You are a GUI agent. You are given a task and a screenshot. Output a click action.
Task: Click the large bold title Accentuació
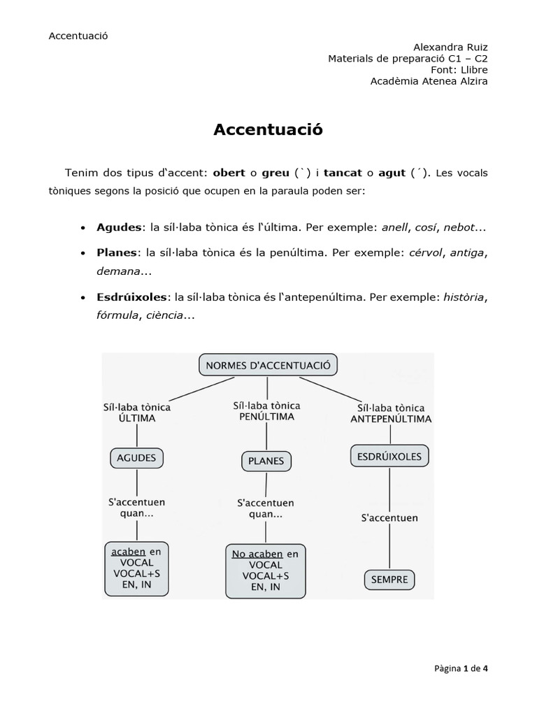[268, 129]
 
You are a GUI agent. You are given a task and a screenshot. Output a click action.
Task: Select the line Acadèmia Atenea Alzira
[429, 81]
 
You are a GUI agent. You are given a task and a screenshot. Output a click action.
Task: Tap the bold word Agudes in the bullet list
[118, 229]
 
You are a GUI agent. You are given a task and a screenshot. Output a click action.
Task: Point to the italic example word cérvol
[426, 252]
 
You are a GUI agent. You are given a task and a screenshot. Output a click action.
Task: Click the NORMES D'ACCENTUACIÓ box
[268, 365]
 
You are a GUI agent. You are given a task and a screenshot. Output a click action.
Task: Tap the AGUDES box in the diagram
[136, 459]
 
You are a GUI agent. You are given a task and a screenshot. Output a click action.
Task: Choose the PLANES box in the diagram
[266, 461]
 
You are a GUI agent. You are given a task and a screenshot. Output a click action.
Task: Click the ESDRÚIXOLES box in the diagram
[389, 457]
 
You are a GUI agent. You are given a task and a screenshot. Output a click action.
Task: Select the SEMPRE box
[389, 580]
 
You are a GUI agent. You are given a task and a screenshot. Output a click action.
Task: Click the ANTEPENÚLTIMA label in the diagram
[390, 420]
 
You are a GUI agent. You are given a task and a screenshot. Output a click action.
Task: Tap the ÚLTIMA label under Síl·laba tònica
[136, 418]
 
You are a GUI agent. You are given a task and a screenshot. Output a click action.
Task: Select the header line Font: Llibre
[459, 70]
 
